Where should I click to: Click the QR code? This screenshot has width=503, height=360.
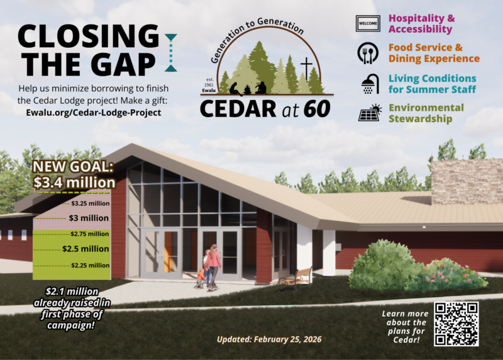[456, 323]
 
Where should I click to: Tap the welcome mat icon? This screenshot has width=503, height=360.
[367, 25]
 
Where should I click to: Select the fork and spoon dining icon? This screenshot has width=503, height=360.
[367, 53]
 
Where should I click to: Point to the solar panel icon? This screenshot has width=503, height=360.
[369, 113]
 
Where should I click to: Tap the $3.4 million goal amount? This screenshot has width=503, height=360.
[75, 183]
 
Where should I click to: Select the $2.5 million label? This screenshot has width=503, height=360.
[86, 249]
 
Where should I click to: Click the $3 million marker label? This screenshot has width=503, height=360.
[89, 218]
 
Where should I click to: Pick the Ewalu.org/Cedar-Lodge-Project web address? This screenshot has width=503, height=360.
[89, 113]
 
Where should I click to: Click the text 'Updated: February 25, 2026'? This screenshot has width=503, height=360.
[269, 339]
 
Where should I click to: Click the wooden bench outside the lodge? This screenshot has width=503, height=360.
[296, 278]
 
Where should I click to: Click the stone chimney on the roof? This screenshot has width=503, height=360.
[467, 181]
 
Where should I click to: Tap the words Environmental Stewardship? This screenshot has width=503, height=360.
[426, 113]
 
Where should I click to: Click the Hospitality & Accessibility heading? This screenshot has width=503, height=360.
[422, 24]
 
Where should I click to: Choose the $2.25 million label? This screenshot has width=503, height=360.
[90, 265]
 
